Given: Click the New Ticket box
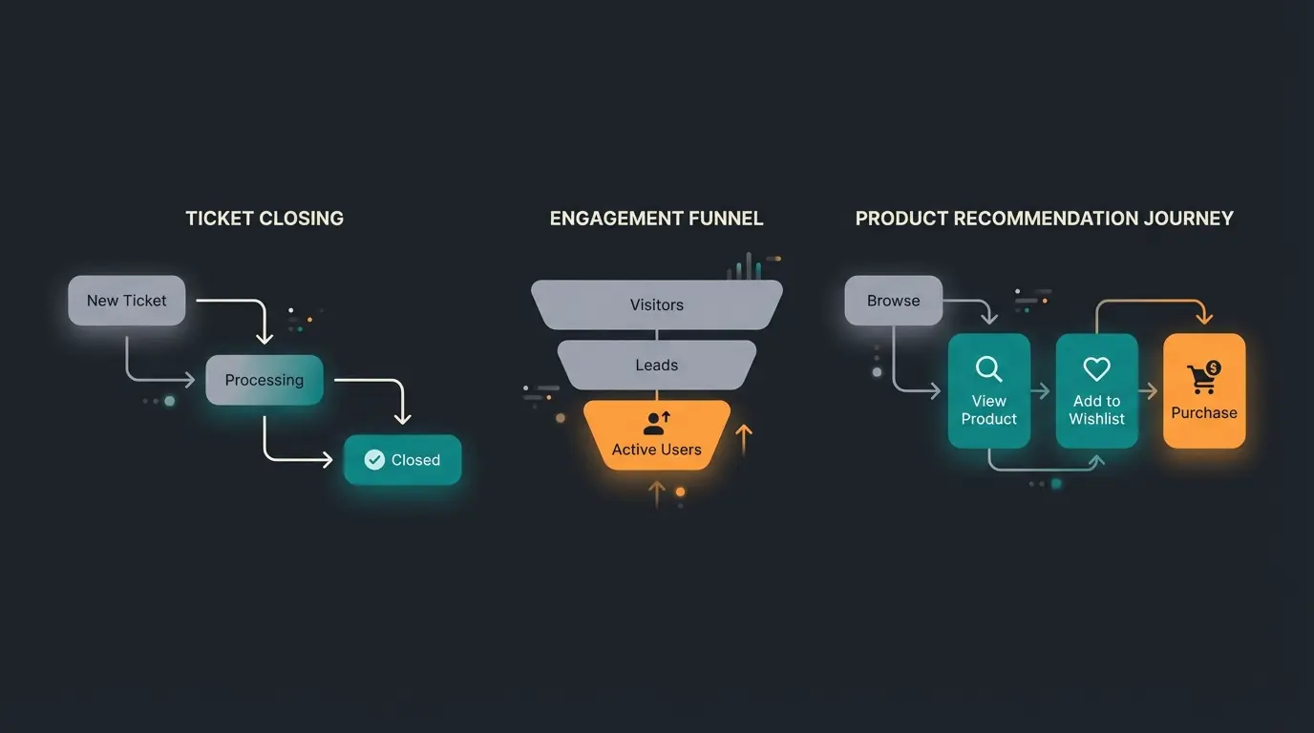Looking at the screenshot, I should click(x=127, y=301).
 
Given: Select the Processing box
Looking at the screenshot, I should click(x=265, y=380).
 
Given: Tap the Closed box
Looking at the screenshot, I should click(x=402, y=460).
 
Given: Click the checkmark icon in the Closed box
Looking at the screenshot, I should click(x=374, y=460).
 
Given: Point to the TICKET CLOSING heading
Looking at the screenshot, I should click(x=265, y=219).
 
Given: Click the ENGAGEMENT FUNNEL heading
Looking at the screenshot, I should click(x=656, y=219).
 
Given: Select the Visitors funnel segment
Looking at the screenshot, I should click(x=656, y=304).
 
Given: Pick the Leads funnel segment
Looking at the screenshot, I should click(x=656, y=365).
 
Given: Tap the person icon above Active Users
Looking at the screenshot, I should click(x=656, y=423).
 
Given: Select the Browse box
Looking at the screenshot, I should click(x=894, y=301).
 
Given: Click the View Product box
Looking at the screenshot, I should click(x=988, y=391).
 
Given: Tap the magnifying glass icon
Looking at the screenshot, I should click(x=988, y=369).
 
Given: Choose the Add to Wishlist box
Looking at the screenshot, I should click(x=1096, y=391).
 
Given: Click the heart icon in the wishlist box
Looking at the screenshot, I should click(x=1096, y=368).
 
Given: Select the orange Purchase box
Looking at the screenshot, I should click(x=1204, y=391).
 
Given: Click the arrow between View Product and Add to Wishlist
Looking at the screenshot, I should click(x=1042, y=391).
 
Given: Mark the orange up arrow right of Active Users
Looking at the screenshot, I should click(x=744, y=439).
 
